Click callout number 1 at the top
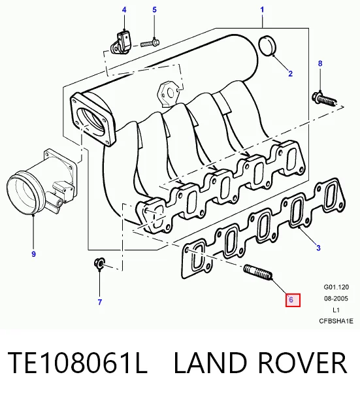click(x=262, y=10)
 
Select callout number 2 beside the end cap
click(x=290, y=73)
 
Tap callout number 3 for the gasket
click(x=318, y=248)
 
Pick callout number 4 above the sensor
click(x=124, y=10)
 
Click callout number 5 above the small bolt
click(x=154, y=10)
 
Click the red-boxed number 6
click(x=293, y=300)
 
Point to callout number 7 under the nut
click(x=100, y=302)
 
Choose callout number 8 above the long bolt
click(x=320, y=63)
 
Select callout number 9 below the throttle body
click(x=33, y=254)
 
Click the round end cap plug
click(x=267, y=46)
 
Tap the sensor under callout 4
click(x=121, y=42)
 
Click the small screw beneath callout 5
click(x=150, y=43)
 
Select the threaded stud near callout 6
click(x=258, y=272)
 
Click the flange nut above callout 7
click(x=99, y=263)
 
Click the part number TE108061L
click(x=77, y=363)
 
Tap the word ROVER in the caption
click(x=303, y=363)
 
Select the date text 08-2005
click(x=336, y=299)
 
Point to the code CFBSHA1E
click(x=336, y=321)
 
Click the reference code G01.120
click(x=336, y=287)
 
